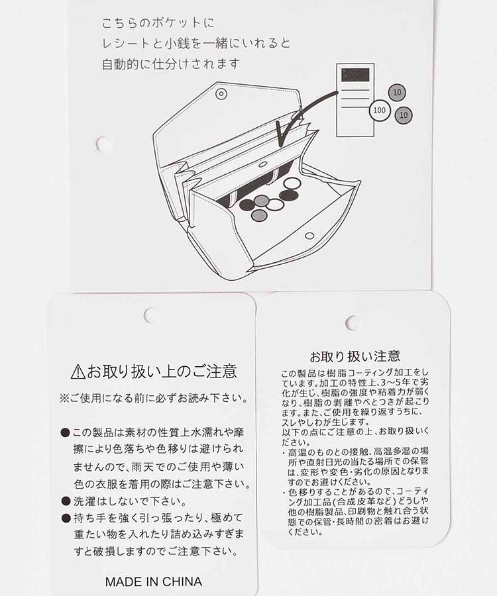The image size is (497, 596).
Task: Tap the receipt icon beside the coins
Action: tap(355, 100)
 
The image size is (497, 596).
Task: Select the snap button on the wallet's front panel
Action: tap(309, 236)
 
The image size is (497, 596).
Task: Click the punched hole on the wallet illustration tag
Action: tap(103, 144)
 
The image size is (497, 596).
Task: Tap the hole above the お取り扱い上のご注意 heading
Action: tap(151, 316)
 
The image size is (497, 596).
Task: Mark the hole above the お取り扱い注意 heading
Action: tap(353, 323)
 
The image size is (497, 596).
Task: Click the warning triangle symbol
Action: tap(78, 372)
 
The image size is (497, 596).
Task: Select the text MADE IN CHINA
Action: tap(153, 582)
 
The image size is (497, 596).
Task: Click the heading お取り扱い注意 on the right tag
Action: tap(355, 356)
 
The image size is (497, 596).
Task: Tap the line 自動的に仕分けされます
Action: tap(170, 65)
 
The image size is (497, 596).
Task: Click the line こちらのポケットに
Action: tap(158, 23)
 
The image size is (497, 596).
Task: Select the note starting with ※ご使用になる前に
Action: tap(154, 399)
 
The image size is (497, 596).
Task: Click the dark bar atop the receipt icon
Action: tap(355, 75)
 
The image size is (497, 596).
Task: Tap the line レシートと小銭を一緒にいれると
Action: tap(195, 44)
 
